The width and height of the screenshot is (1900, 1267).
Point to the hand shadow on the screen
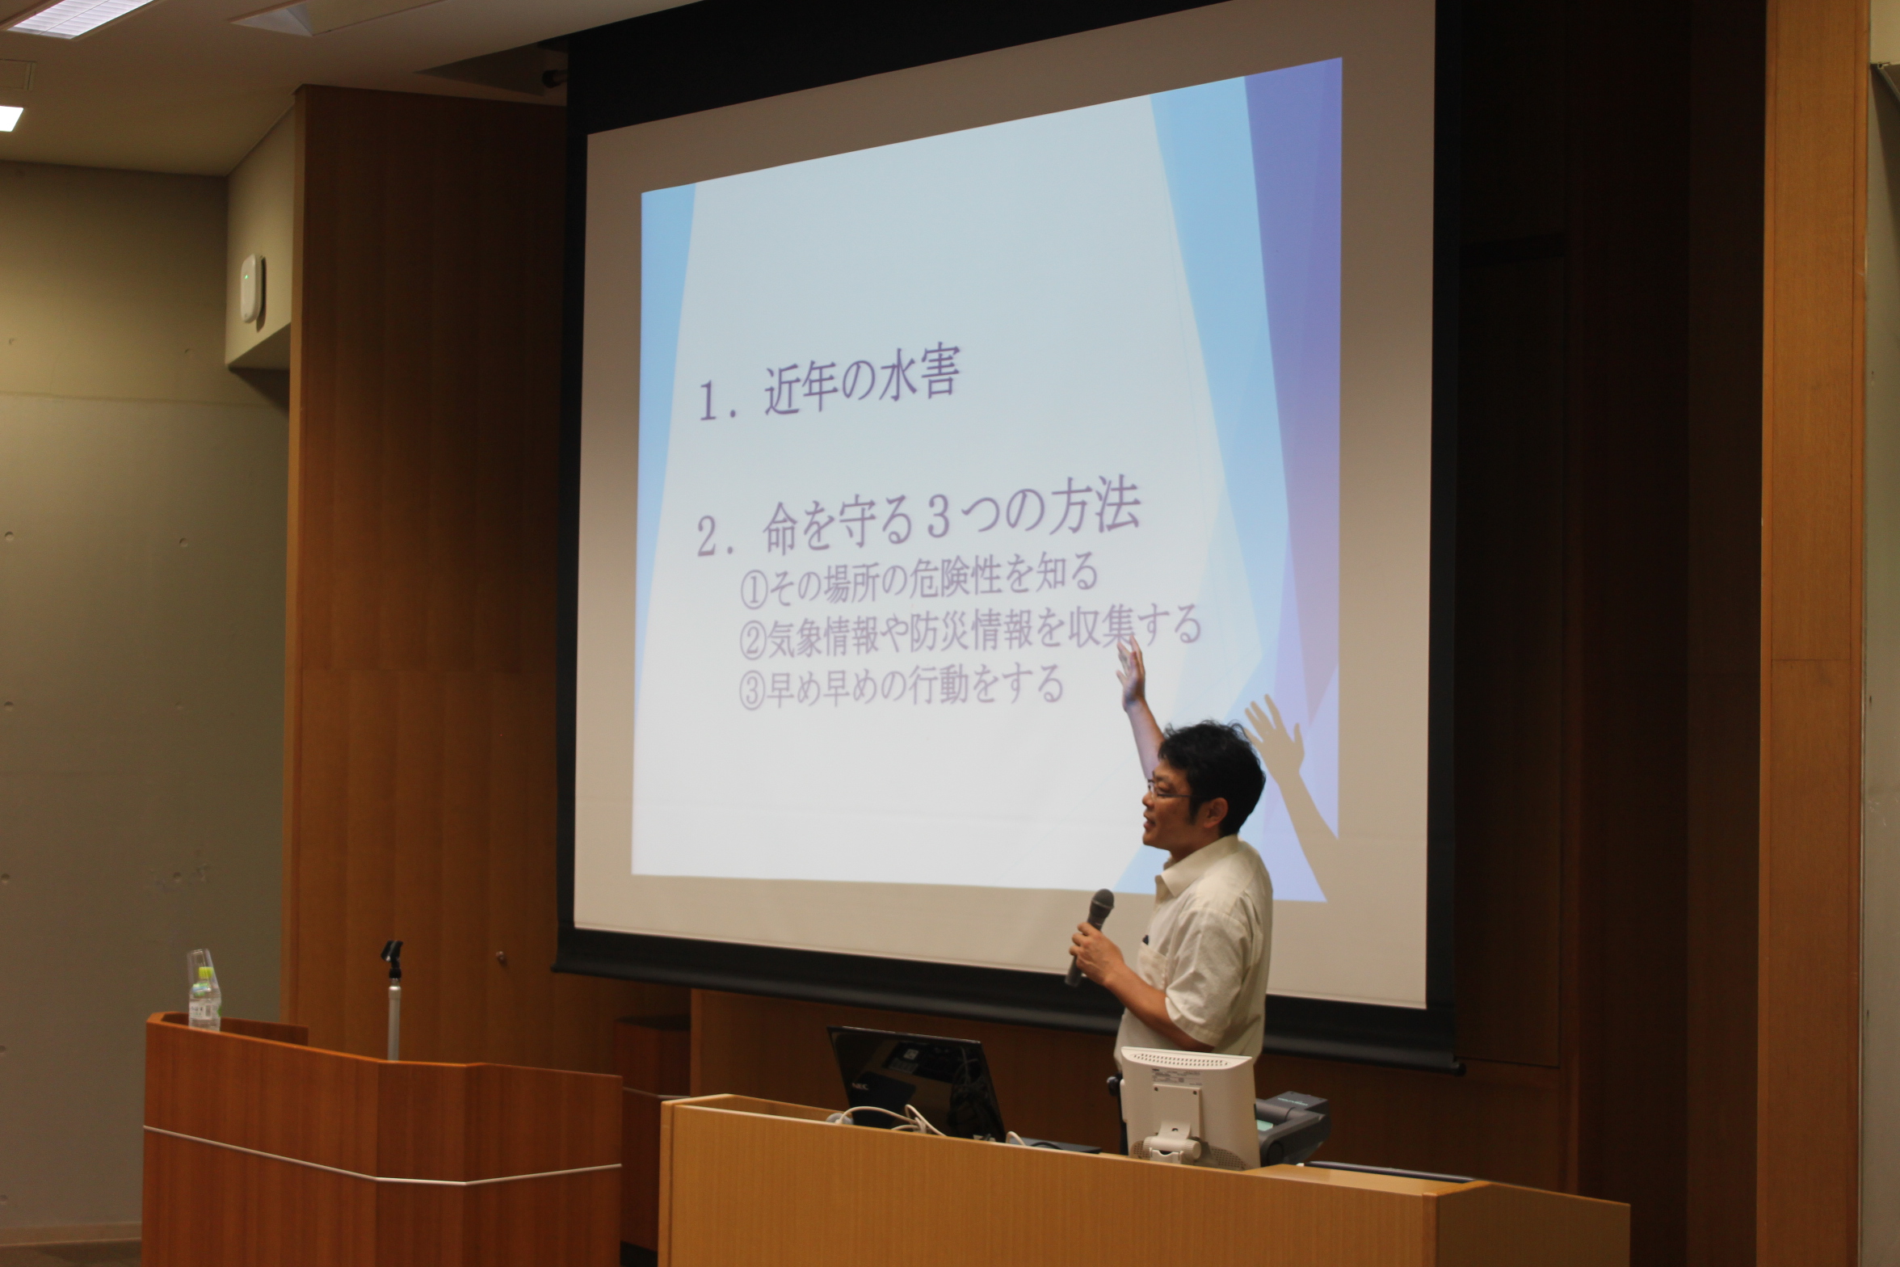coord(1277,739)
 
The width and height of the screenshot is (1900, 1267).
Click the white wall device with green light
coord(253,289)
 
